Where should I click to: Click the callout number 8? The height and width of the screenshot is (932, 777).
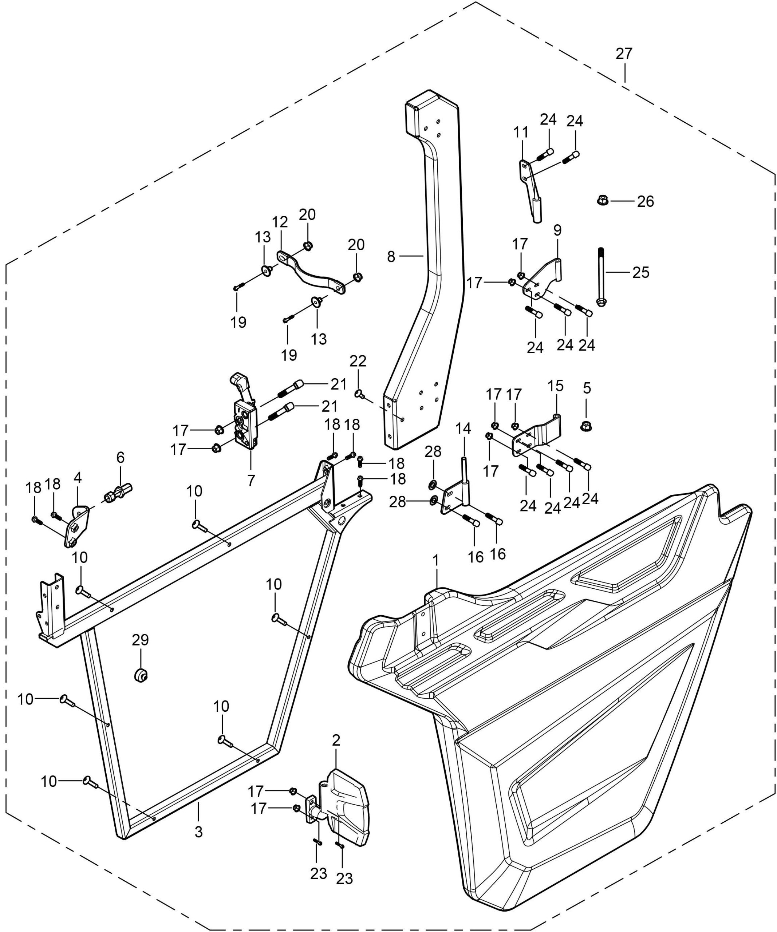(x=391, y=257)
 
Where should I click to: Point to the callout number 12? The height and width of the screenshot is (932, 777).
(x=280, y=222)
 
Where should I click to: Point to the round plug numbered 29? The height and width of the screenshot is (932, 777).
(x=141, y=675)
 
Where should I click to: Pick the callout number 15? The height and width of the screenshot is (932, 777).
(x=555, y=386)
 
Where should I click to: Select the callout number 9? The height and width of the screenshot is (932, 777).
(x=557, y=230)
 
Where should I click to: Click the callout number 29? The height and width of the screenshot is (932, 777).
(x=140, y=640)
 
